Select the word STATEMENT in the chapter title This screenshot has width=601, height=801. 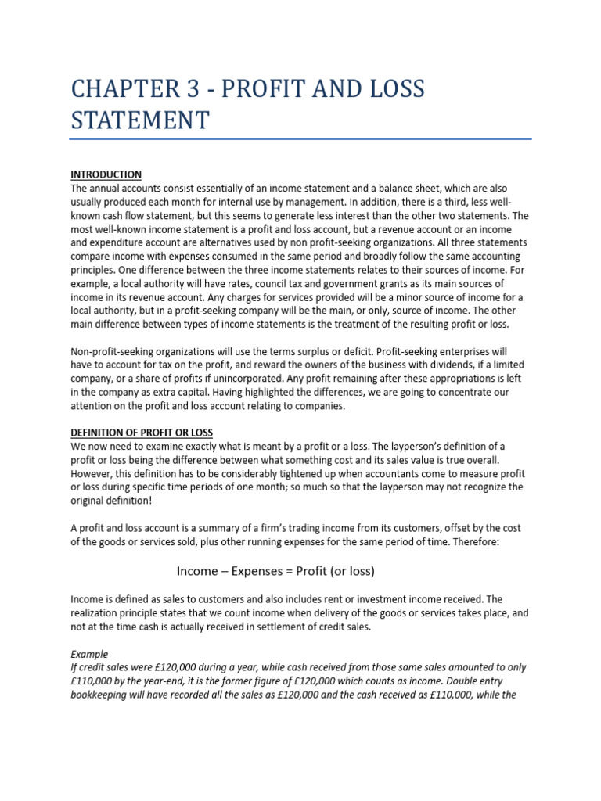(x=140, y=121)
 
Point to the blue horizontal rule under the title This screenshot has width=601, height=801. (x=300, y=140)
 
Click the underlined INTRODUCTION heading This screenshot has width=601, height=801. (x=106, y=174)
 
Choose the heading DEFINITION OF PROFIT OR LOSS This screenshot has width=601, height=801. (x=142, y=433)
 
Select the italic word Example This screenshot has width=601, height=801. (x=89, y=654)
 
